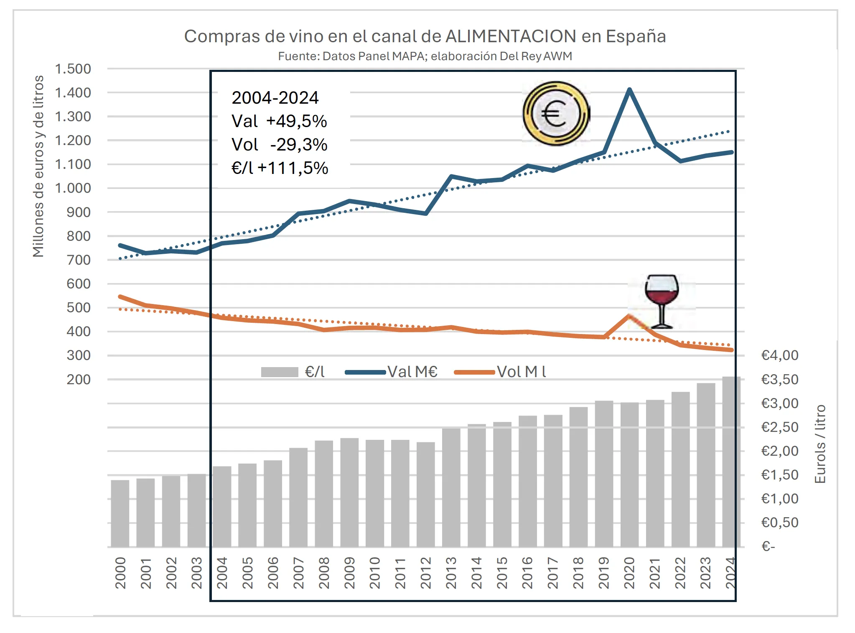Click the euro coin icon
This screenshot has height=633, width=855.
point(555,113)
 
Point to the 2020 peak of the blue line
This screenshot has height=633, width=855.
point(629,89)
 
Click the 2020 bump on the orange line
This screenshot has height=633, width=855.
point(629,316)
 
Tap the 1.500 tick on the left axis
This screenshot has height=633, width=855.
point(73,69)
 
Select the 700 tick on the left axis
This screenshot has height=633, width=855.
point(79,260)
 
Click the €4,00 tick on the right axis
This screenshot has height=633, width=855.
point(779,355)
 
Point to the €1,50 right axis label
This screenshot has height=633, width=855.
point(779,475)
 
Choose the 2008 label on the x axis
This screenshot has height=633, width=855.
point(324,572)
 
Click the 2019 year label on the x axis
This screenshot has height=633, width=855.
point(604,572)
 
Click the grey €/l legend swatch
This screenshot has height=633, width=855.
point(279,372)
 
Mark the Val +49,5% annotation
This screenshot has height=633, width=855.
point(279,121)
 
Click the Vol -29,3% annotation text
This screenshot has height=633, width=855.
point(279,145)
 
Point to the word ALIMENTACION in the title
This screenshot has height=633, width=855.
point(511,36)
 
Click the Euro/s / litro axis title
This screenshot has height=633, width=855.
point(820,444)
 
